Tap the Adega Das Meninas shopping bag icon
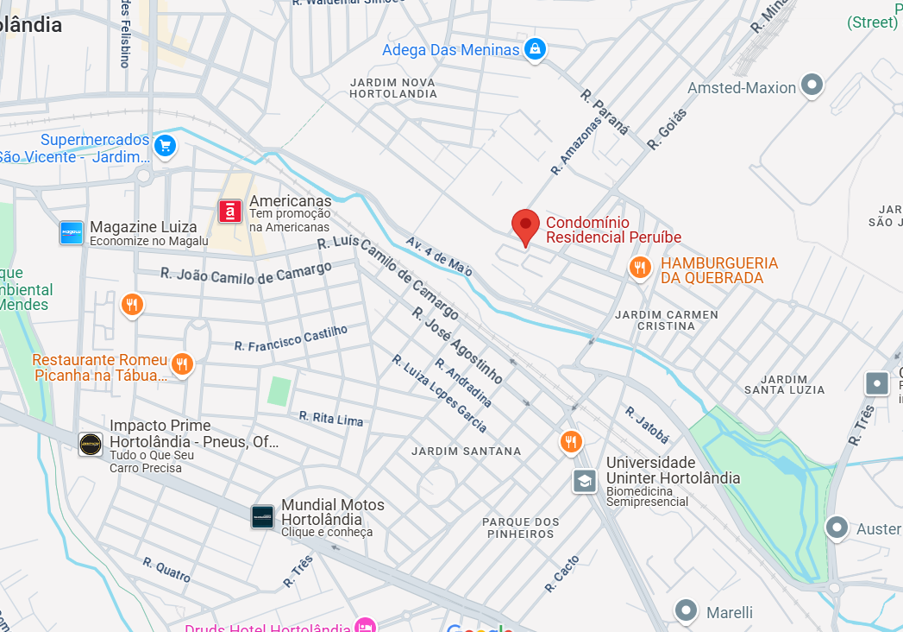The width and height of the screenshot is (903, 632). click(x=536, y=49)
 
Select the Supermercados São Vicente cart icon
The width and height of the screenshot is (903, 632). click(x=165, y=146)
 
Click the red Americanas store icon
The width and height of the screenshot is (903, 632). click(x=230, y=212)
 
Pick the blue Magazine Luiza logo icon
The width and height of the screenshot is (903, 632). click(x=72, y=232)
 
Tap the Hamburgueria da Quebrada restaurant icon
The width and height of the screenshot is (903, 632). click(x=639, y=268)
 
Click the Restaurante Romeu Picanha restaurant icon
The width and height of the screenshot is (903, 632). click(x=181, y=364)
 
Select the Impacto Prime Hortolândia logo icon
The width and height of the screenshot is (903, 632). click(x=91, y=444)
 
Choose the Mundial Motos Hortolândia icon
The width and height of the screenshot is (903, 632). click(x=263, y=517)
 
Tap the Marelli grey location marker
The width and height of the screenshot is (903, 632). click(x=686, y=610)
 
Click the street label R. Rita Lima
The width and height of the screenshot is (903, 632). click(x=331, y=418)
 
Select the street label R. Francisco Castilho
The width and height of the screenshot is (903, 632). click(x=291, y=338)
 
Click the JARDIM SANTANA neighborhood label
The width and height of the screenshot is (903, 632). click(x=466, y=451)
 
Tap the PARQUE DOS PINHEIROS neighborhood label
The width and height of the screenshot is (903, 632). click(x=520, y=528)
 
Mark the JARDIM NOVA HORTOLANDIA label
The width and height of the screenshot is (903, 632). click(x=393, y=87)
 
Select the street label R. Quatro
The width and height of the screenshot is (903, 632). click(x=166, y=569)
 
